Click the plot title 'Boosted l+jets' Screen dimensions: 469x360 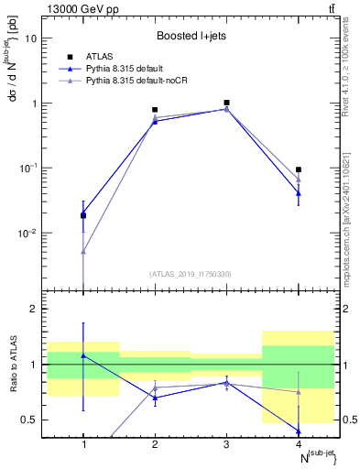[190, 38]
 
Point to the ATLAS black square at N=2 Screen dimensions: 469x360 [155, 110]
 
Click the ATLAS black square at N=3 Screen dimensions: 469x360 [226, 103]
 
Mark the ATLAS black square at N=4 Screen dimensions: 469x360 [298, 169]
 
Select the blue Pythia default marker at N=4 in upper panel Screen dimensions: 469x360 [298, 193]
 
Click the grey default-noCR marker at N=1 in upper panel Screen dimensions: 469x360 [83, 252]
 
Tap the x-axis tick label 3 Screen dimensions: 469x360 [226, 444]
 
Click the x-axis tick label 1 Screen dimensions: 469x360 [83, 444]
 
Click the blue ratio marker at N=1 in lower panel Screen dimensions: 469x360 [83, 355]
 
